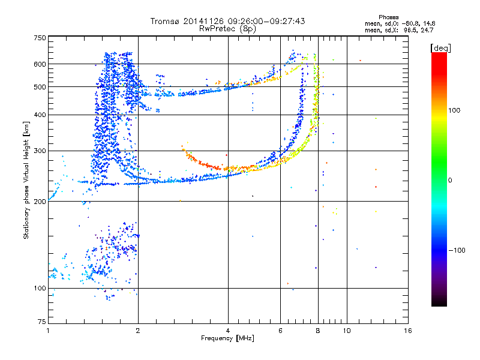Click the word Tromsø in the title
[x=166, y=21]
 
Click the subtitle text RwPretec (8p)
[x=227, y=29]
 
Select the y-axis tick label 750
[x=40, y=38]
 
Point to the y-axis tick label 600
[x=40, y=64]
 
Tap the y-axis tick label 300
[x=40, y=151]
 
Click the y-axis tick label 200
[x=40, y=202]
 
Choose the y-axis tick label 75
[x=42, y=322]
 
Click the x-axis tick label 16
[x=407, y=331]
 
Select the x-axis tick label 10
[x=347, y=331]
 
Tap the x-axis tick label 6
[x=280, y=331]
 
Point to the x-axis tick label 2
[x=138, y=331]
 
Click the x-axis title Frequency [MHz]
[x=227, y=338]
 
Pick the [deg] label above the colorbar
[x=440, y=48]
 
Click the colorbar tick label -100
[x=457, y=250]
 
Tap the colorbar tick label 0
[x=450, y=181]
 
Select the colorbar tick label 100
[x=454, y=110]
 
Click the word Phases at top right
[x=388, y=17]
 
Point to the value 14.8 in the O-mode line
[x=429, y=23]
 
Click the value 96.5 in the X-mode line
[x=410, y=30]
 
